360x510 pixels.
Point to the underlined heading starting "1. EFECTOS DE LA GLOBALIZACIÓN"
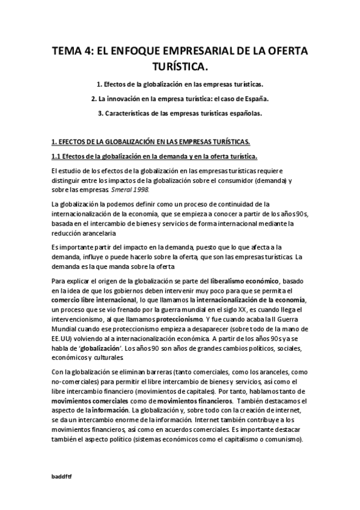coord(150,142)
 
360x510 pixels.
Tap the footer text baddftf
coord(61,475)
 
